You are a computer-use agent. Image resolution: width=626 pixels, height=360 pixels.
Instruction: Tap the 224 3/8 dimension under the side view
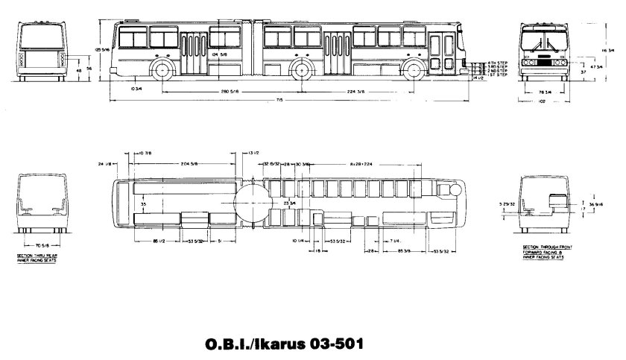[355, 91]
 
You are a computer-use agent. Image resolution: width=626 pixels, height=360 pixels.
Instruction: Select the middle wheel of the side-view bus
[301, 72]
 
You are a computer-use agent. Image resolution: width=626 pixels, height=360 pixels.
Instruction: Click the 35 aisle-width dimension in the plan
[143, 202]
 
